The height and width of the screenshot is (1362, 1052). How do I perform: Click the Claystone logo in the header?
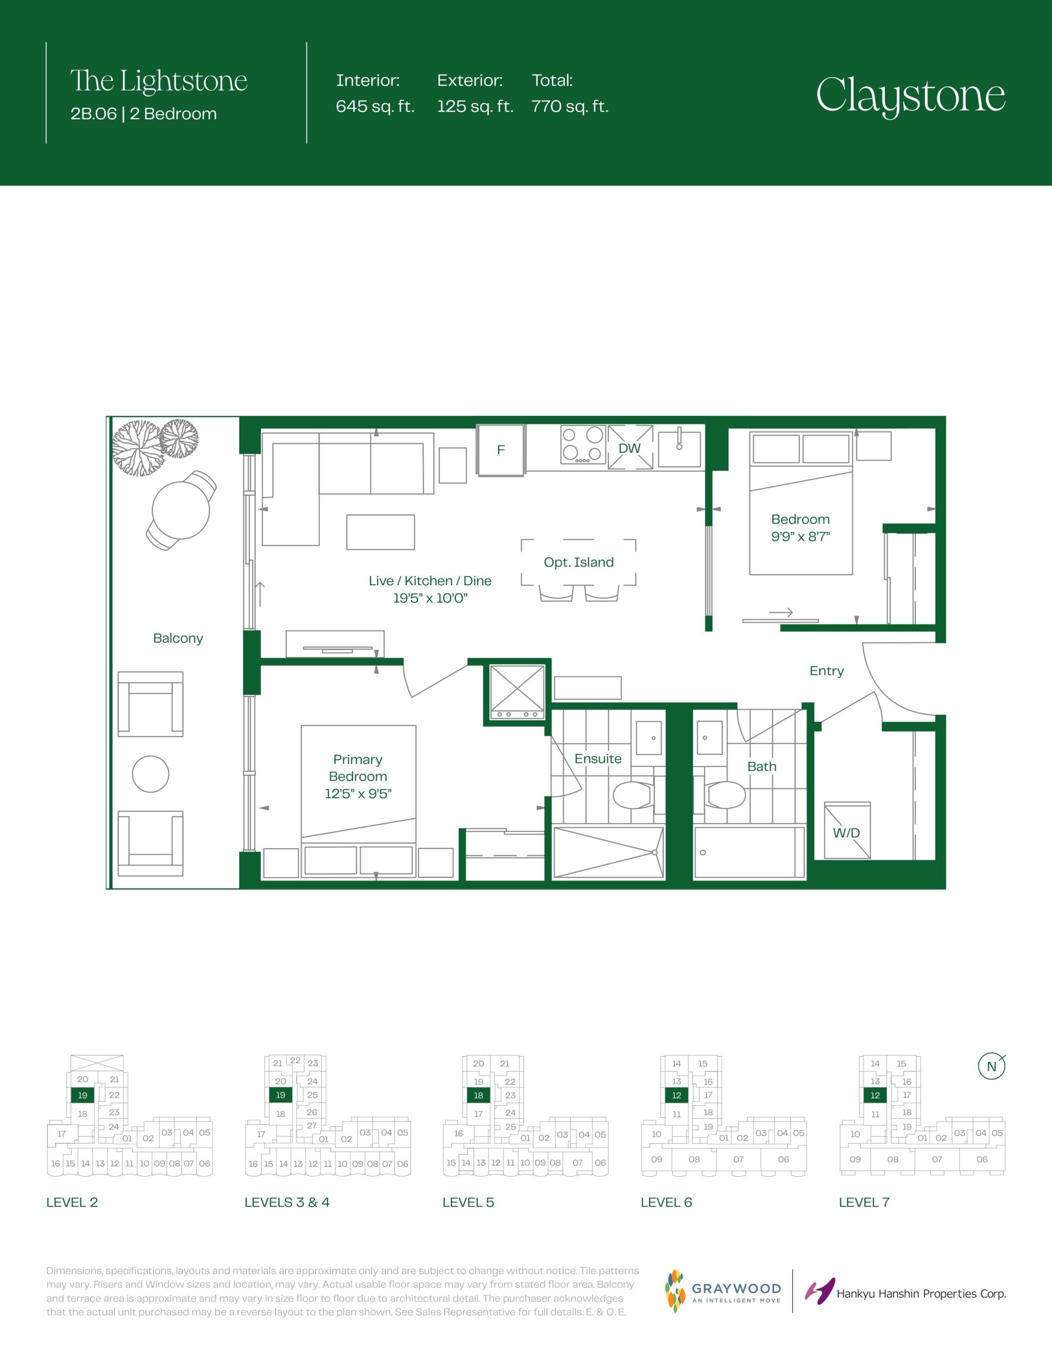[911, 97]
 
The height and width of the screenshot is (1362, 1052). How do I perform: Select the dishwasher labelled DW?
[630, 447]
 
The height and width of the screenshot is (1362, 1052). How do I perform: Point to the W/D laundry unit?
[847, 830]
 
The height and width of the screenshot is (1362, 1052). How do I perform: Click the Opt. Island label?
[579, 562]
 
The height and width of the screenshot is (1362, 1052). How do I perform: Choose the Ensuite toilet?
[633, 795]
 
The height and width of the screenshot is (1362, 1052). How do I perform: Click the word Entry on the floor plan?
[826, 671]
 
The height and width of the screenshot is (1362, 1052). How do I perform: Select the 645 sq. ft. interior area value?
[375, 106]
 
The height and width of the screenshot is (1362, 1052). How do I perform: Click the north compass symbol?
[991, 1066]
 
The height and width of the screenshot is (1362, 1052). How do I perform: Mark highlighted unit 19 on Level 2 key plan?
[82, 1095]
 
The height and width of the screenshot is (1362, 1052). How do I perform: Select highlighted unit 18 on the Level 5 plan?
[478, 1095]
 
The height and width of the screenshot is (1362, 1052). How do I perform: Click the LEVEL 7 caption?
[864, 1202]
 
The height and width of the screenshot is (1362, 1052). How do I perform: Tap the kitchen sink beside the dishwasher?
[680, 448]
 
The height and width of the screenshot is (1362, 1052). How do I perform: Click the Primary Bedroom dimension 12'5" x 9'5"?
[358, 794]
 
